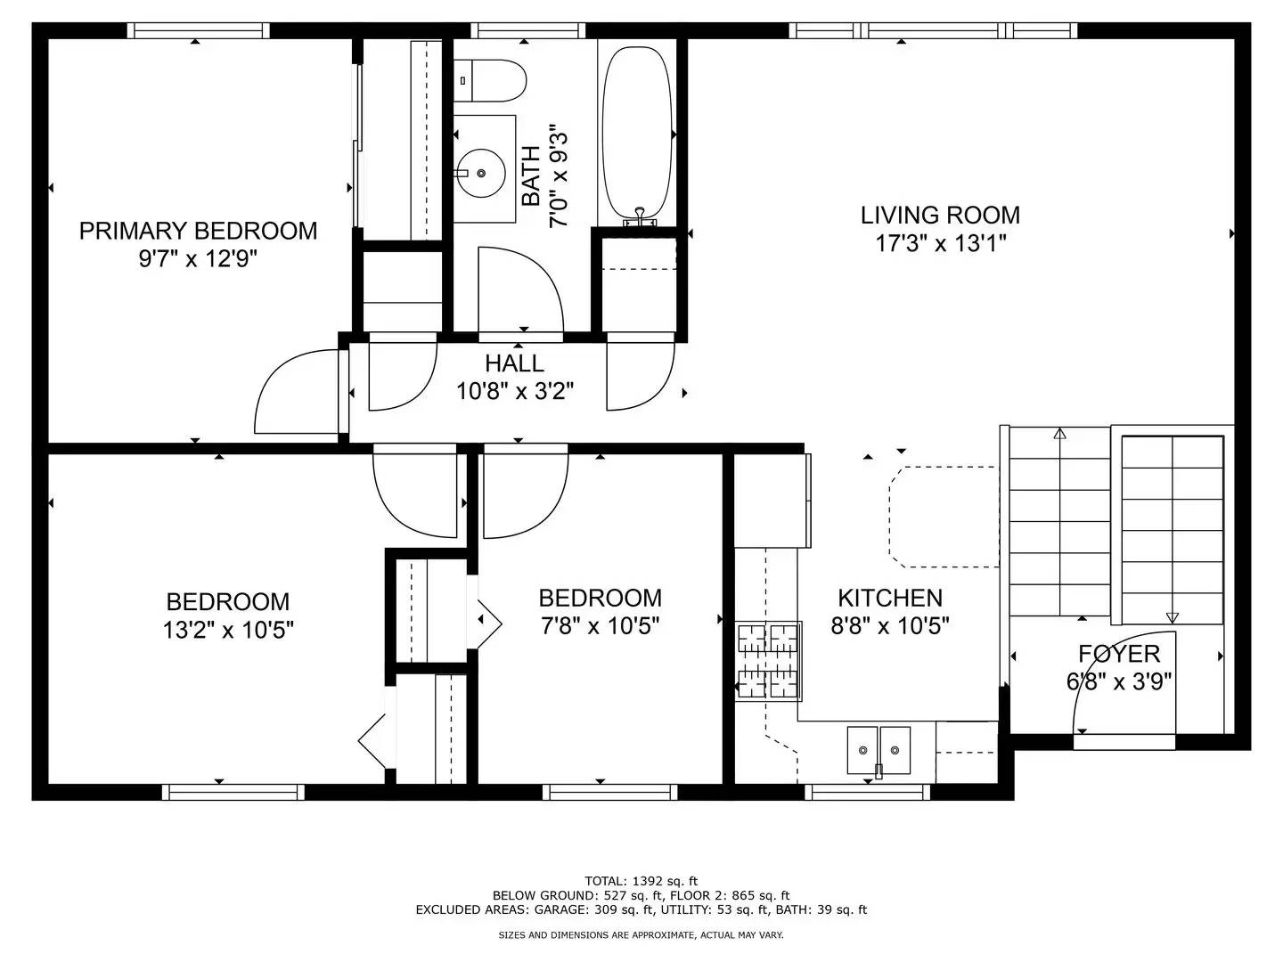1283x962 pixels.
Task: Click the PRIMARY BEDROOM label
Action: point(198,231)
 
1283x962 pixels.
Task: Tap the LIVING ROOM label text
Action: point(940,215)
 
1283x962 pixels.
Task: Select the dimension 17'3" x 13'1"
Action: point(940,243)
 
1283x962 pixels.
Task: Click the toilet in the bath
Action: point(489,81)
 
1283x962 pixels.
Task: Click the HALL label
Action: point(514,363)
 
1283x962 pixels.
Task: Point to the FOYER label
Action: point(1119,654)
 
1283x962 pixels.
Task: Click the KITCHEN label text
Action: point(889,598)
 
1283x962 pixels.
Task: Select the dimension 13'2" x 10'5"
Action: point(228,631)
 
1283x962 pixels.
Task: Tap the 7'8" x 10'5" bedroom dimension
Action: point(600,626)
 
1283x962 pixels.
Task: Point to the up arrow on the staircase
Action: point(1059,435)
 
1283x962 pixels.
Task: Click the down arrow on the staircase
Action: point(1172,616)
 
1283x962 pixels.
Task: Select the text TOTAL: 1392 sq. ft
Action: point(641,881)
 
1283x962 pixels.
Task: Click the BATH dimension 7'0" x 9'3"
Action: point(559,175)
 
